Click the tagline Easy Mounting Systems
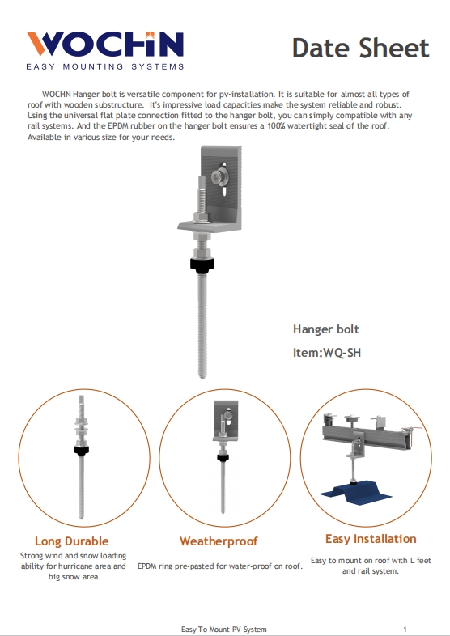(105, 66)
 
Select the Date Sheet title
(360, 48)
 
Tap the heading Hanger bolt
(325, 329)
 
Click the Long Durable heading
(71, 541)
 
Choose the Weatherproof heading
(219, 541)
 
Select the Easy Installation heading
(371, 539)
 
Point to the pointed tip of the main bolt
(201, 375)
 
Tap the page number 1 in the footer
(404, 629)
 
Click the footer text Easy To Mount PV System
(223, 629)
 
